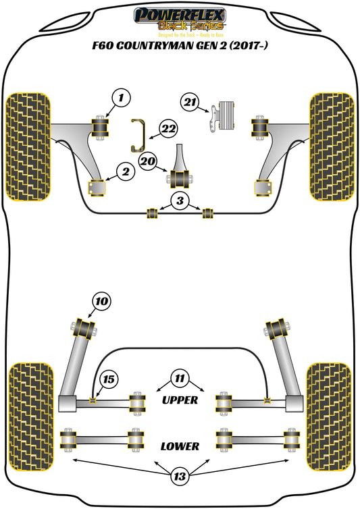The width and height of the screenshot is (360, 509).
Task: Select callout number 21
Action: click(x=190, y=102)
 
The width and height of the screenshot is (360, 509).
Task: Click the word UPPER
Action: click(x=180, y=400)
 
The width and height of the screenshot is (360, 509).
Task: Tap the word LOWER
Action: click(x=180, y=446)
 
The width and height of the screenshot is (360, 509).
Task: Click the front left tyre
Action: click(x=28, y=146)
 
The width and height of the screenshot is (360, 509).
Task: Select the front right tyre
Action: click(x=332, y=146)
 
